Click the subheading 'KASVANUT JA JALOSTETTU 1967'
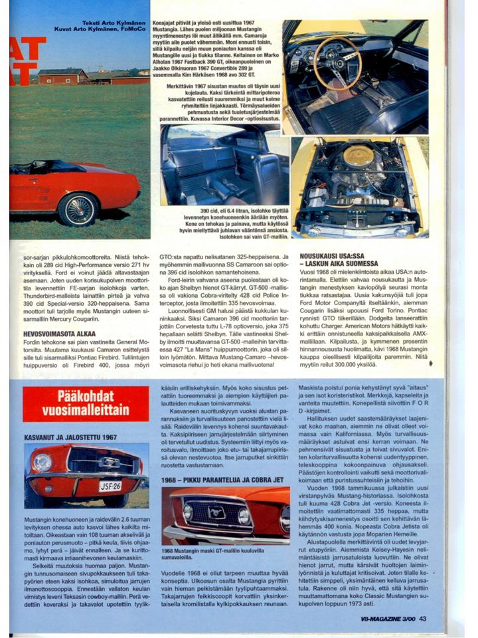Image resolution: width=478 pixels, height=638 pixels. click(70, 437)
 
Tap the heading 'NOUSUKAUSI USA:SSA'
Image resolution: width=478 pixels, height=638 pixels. click(335, 254)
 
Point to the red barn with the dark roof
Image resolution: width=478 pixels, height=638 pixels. click(62, 76)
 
